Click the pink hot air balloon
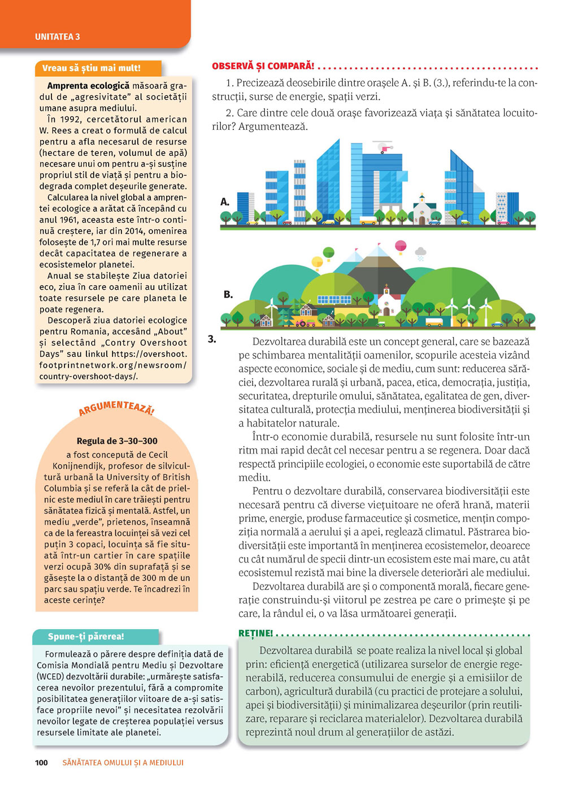pos(401,246)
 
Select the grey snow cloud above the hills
pos(421,252)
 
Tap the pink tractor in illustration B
pos(306,323)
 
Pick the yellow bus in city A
pos(368,220)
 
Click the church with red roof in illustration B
pos(388,302)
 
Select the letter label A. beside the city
pos(225,202)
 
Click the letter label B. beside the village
pos(228,294)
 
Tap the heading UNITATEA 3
pos(57,37)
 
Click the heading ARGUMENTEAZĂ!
pos(116,408)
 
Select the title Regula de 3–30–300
pos(117,441)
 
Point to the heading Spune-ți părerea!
pos(86,636)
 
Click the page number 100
pos(41,762)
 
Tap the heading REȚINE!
pos(255,633)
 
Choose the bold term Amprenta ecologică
pos(88,86)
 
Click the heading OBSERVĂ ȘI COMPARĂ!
pos(263,66)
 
